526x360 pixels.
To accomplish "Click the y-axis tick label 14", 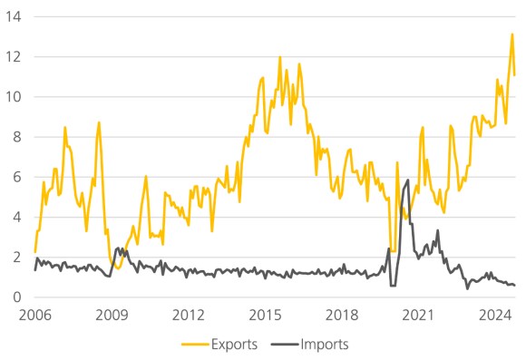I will pyautogui.click(x=13, y=16).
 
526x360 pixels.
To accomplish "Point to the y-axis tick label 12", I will pyautogui.click(x=13, y=56).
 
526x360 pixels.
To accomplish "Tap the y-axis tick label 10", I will pyautogui.click(x=13, y=97).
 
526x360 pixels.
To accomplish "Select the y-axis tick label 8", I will pyautogui.click(x=16, y=137).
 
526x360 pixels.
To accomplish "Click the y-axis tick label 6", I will pyautogui.click(x=16, y=177).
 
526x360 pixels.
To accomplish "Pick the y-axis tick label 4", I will pyautogui.click(x=16, y=217).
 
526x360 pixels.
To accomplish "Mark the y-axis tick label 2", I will pyautogui.click(x=16, y=257).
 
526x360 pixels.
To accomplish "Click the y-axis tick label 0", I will pyautogui.click(x=16, y=297).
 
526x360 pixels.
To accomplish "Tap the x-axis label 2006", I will pyautogui.click(x=34, y=316).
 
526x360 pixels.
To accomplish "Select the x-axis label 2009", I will pyautogui.click(x=112, y=316).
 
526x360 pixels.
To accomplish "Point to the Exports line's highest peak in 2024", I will pyautogui.click(x=512, y=34).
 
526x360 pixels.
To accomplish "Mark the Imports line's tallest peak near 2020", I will pyautogui.click(x=408, y=180).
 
